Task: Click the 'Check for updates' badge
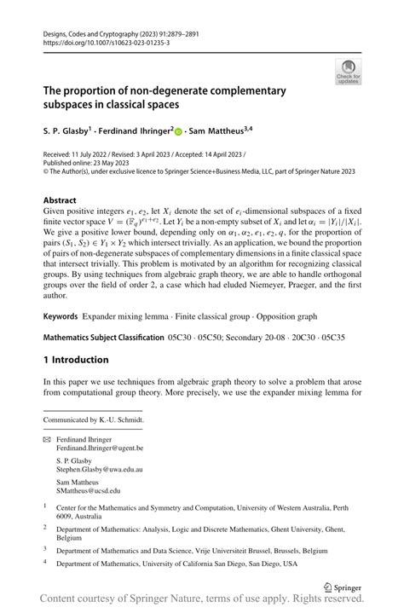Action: tap(348, 72)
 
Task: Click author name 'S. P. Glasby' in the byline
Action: tap(68, 132)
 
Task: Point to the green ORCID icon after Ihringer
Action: tap(178, 131)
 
